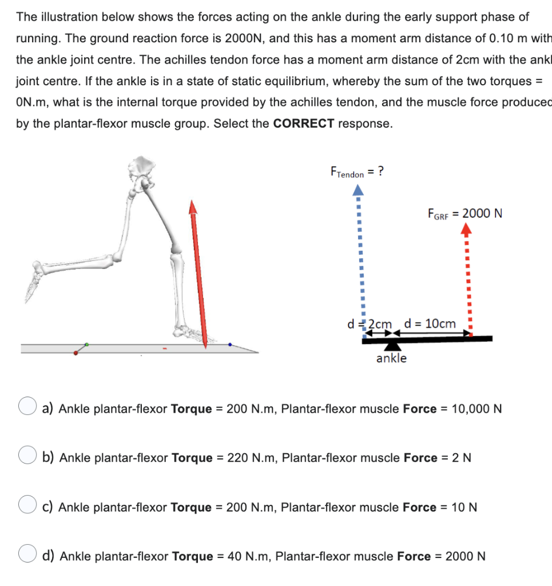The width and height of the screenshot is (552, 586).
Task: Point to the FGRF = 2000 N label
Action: coord(464,213)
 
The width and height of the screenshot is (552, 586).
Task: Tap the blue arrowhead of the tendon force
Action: coord(358,189)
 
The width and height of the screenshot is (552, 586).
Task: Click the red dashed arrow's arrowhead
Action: coord(467,230)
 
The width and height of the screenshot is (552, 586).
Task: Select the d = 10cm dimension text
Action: coord(430,324)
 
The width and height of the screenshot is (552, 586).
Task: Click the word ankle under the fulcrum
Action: coord(391,359)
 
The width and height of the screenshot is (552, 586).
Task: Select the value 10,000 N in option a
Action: coord(476,409)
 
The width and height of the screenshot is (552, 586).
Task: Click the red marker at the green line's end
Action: coord(76,353)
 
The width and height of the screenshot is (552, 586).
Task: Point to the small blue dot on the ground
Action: coord(230,345)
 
